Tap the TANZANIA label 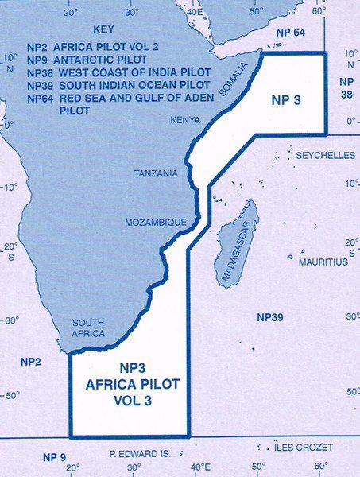(x=156, y=173)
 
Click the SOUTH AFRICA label (x=88, y=328)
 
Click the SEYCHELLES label (x=325, y=156)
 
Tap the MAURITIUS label (x=323, y=262)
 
